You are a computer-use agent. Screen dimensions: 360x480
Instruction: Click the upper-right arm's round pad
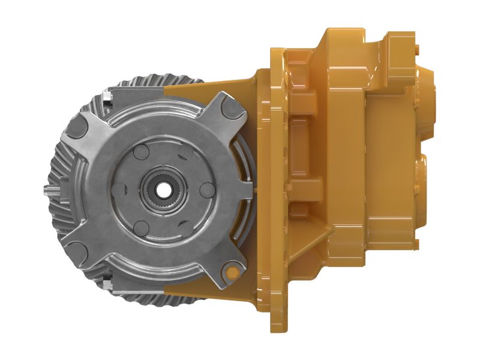(x=230, y=111)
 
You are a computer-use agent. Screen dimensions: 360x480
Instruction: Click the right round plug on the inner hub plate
(x=206, y=190)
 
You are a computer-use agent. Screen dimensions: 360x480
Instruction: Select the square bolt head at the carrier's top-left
(x=107, y=95)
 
